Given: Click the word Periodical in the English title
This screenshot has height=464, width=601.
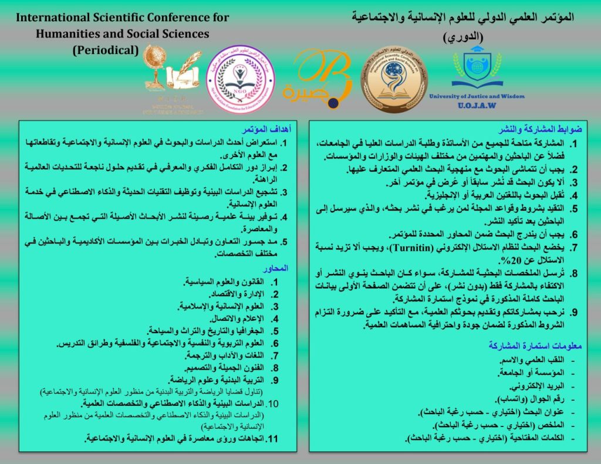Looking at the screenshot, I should click(x=106, y=50).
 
